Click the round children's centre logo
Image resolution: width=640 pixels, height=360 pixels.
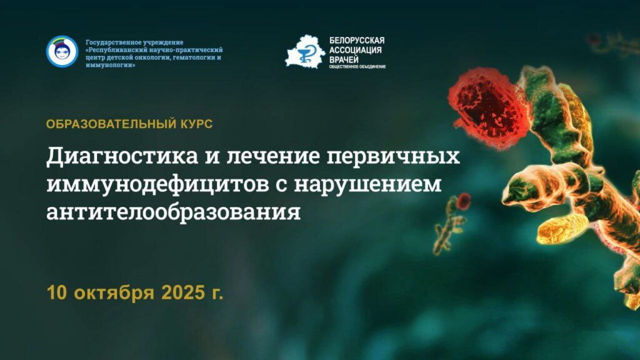[62, 51]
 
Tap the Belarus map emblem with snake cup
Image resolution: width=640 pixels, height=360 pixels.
[305, 52]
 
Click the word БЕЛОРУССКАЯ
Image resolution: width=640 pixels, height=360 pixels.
[357, 41]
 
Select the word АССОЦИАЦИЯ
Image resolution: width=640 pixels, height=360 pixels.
[356, 50]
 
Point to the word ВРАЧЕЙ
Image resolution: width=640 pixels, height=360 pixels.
[344, 59]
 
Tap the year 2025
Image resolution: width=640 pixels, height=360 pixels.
[183, 292]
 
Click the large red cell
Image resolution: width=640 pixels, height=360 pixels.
[487, 107]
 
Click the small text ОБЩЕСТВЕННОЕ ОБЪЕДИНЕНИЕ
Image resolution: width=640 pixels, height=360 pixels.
[357, 67]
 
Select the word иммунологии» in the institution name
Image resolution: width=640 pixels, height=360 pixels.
[110, 66]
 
